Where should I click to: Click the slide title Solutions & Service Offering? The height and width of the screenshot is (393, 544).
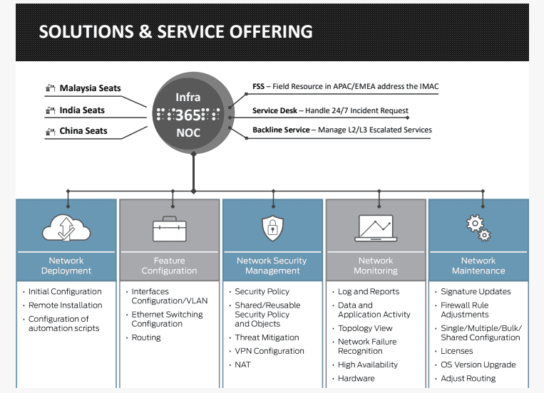point(175,32)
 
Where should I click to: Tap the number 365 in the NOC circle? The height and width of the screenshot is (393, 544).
point(188,115)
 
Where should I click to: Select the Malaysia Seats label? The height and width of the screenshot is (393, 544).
point(90,88)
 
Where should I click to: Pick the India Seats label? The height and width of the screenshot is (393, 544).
point(82,110)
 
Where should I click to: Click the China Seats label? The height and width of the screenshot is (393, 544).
point(83,130)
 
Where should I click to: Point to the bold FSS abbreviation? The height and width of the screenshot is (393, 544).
point(258,87)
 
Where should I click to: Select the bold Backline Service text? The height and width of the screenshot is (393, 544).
point(281,130)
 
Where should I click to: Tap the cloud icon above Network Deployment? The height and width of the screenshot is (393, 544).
point(66,229)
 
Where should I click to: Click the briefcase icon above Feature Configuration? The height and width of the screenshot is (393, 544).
point(169,229)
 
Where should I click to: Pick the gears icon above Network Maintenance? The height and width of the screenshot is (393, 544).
point(478,228)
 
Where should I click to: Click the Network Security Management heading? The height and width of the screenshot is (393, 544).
point(272,266)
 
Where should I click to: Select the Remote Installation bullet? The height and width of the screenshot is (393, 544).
point(65,305)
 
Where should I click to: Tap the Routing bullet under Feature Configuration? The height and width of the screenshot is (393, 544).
point(146,337)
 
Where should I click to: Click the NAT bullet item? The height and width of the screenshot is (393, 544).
point(243,365)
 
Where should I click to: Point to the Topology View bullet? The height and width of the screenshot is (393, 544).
point(365,328)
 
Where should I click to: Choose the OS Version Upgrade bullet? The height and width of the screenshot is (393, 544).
point(478,365)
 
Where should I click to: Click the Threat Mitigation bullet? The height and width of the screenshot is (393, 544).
point(267,337)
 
